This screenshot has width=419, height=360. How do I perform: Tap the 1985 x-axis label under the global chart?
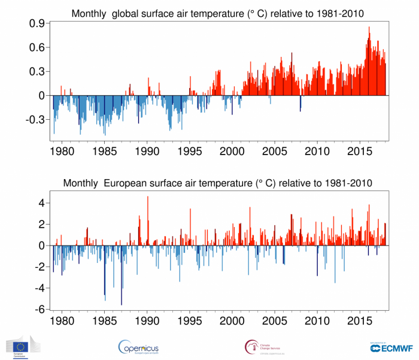point(105,150)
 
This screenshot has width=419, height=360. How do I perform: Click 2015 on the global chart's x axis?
point(360,150)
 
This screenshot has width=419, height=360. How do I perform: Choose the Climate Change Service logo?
point(262,347)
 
